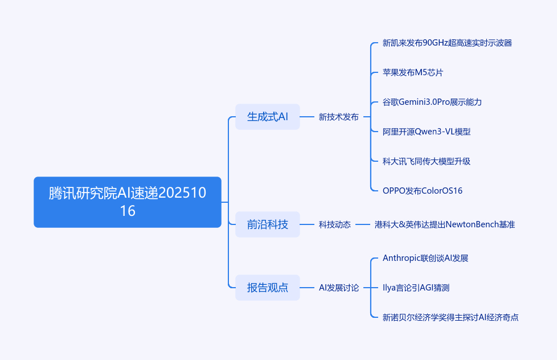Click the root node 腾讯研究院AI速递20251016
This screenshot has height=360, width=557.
[x=127, y=202]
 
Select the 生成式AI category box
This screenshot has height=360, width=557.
[x=267, y=117]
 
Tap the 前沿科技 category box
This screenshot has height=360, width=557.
[x=267, y=224]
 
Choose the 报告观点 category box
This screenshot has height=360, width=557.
[x=267, y=288]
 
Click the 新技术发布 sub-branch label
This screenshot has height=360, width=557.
[x=338, y=117]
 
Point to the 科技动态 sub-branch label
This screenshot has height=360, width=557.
[x=334, y=224]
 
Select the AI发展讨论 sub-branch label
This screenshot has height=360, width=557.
[x=338, y=288]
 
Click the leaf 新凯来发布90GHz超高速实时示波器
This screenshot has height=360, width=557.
[x=447, y=43]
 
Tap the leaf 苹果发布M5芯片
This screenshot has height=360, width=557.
[x=413, y=72]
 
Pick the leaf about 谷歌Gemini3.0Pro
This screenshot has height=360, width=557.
[x=432, y=102]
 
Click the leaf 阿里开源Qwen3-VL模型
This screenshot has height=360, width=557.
[x=427, y=132]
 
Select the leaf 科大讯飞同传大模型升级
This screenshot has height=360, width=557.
[x=427, y=161]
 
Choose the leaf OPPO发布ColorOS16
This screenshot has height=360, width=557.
[x=423, y=191]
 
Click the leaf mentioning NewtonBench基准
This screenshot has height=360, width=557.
[x=444, y=224]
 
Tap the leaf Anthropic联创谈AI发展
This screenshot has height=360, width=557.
[x=425, y=258]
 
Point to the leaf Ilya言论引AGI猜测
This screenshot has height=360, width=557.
[x=416, y=288]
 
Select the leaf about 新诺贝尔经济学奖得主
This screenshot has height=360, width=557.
[x=450, y=317]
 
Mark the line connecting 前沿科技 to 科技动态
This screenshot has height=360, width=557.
[x=309, y=224]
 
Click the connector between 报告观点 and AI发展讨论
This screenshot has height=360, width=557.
[x=309, y=288]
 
